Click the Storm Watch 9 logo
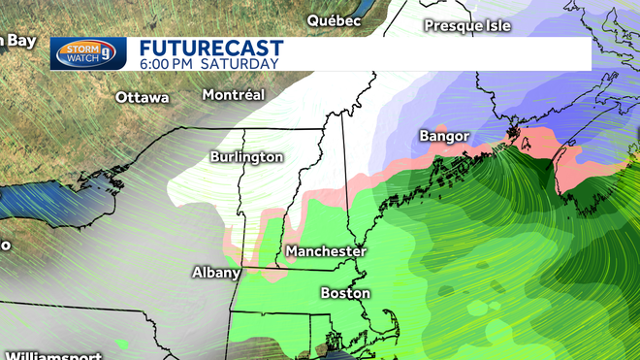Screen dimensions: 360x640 pos(88,52)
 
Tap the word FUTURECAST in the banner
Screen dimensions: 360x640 pos(210,48)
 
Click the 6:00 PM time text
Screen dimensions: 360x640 pos(169,64)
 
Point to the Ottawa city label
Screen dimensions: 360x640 pos(142,98)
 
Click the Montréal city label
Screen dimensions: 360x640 pos(233,95)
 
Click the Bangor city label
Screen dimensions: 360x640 pos(444,136)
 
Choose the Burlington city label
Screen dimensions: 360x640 pos(246,157)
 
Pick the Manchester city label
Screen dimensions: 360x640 pos(326,251)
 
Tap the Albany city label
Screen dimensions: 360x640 pos(215,273)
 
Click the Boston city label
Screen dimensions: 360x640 pos(345,292)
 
